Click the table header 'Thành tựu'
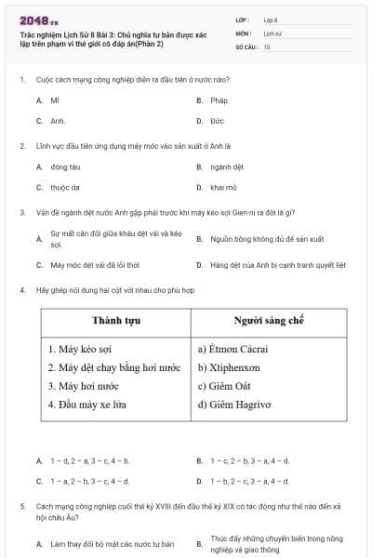tap(116, 321)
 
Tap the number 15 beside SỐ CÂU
tap(267, 46)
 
